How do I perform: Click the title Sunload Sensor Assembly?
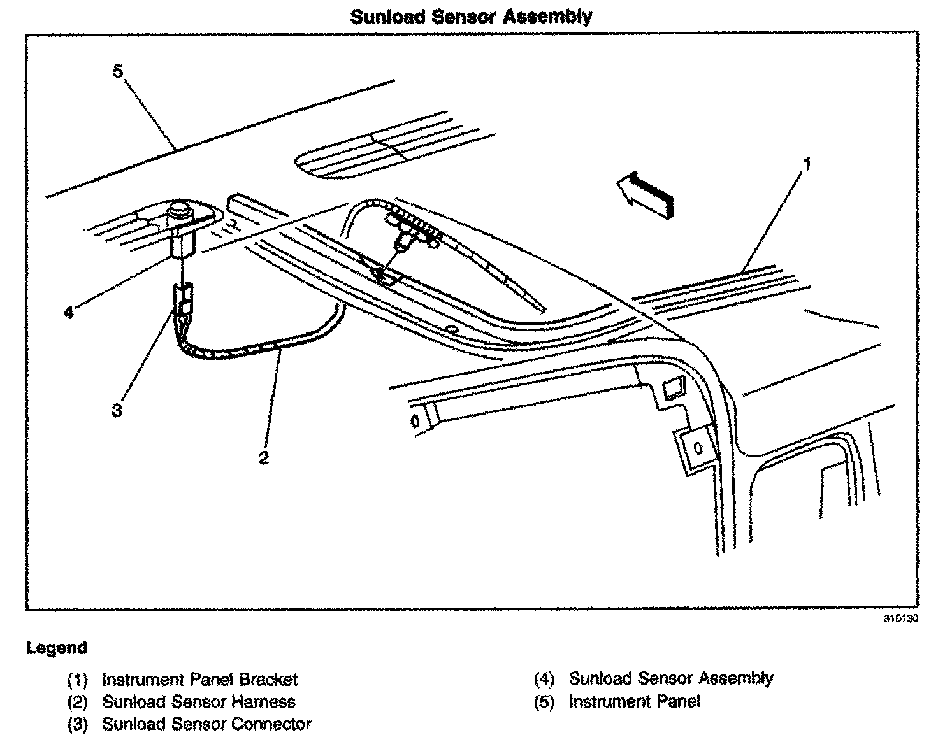click(471, 16)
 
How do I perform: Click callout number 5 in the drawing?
click(118, 71)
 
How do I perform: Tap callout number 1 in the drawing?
click(807, 165)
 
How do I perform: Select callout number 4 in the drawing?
click(69, 313)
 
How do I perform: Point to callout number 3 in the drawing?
click(117, 410)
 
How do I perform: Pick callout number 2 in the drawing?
click(264, 457)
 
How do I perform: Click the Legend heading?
click(56, 648)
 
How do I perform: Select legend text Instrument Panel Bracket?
click(199, 680)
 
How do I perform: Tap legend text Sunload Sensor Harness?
click(199, 702)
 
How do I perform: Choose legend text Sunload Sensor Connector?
click(206, 724)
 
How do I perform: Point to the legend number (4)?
click(544, 679)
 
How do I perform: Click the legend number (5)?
click(544, 702)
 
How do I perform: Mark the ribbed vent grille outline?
click(382, 153)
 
